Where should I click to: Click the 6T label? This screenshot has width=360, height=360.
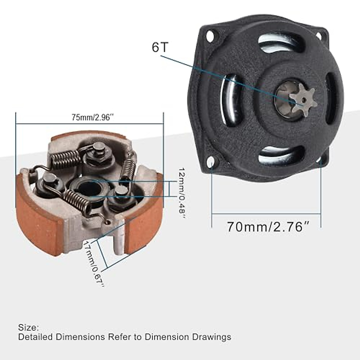(x=160, y=47)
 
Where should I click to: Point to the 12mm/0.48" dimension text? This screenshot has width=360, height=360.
(x=181, y=193)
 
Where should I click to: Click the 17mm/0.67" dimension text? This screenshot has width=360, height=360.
(x=94, y=264)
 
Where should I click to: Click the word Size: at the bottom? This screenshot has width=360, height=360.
(x=28, y=327)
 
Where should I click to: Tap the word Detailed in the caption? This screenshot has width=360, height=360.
(x=36, y=337)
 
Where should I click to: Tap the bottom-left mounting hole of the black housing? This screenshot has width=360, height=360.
(x=212, y=162)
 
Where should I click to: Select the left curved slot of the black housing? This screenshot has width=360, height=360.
(x=229, y=99)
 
